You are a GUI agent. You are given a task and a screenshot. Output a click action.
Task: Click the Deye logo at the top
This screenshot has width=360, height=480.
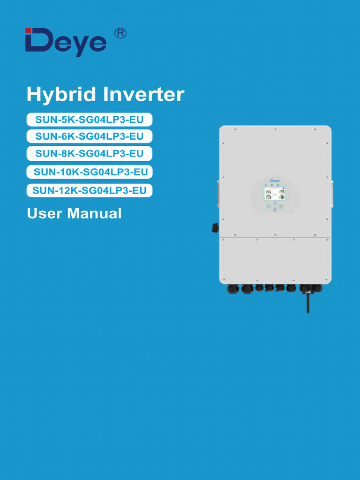(x=66, y=43)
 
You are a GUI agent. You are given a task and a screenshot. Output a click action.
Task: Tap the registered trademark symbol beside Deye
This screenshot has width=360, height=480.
(x=120, y=34)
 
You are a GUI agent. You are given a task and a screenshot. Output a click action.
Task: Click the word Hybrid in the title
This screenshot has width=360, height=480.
(x=61, y=95)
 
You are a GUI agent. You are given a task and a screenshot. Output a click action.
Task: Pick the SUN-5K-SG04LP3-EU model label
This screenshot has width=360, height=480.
(x=90, y=120)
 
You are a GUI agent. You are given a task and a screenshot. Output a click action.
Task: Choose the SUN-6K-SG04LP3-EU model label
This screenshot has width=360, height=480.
(x=90, y=136)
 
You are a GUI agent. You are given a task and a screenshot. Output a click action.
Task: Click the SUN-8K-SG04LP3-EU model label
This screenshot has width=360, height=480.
(x=90, y=153)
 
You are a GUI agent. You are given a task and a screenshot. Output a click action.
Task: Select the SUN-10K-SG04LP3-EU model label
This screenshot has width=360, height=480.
(x=90, y=172)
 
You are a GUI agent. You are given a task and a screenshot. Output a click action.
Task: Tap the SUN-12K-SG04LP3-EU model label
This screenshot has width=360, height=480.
(x=90, y=190)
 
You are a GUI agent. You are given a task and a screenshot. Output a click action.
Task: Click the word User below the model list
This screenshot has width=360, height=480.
(x=45, y=213)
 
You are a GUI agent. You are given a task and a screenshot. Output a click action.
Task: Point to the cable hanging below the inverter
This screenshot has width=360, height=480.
(x=307, y=302)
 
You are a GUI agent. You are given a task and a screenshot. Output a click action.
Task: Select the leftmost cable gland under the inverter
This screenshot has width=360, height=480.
(x=233, y=289)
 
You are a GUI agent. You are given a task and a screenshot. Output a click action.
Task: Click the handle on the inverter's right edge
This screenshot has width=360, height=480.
(x=332, y=193)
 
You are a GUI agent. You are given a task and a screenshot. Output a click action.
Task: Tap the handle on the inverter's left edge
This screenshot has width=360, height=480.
(x=218, y=193)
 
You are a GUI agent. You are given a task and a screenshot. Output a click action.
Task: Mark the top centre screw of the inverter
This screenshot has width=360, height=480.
(x=275, y=129)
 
